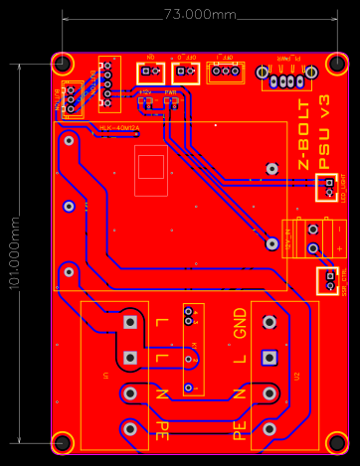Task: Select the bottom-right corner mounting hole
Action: pos(337,442)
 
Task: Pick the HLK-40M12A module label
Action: pos(119,129)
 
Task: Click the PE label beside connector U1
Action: pos(161,430)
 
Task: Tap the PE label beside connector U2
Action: pos(240,430)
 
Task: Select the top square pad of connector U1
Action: pos(129,322)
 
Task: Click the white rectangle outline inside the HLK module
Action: pos(151,165)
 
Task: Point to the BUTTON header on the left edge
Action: pos(71,99)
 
